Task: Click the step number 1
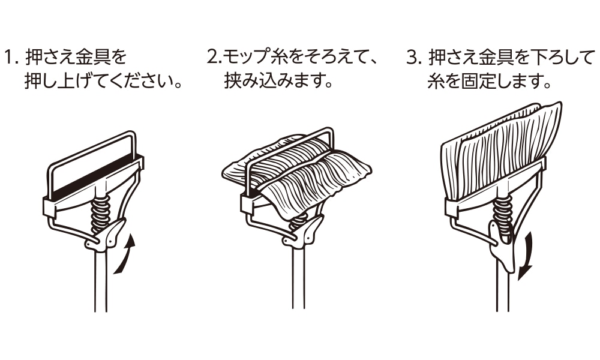[10, 58]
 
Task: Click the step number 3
[412, 58]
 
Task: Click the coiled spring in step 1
[101, 213]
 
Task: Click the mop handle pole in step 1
[101, 282]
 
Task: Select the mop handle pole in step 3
[503, 288]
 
